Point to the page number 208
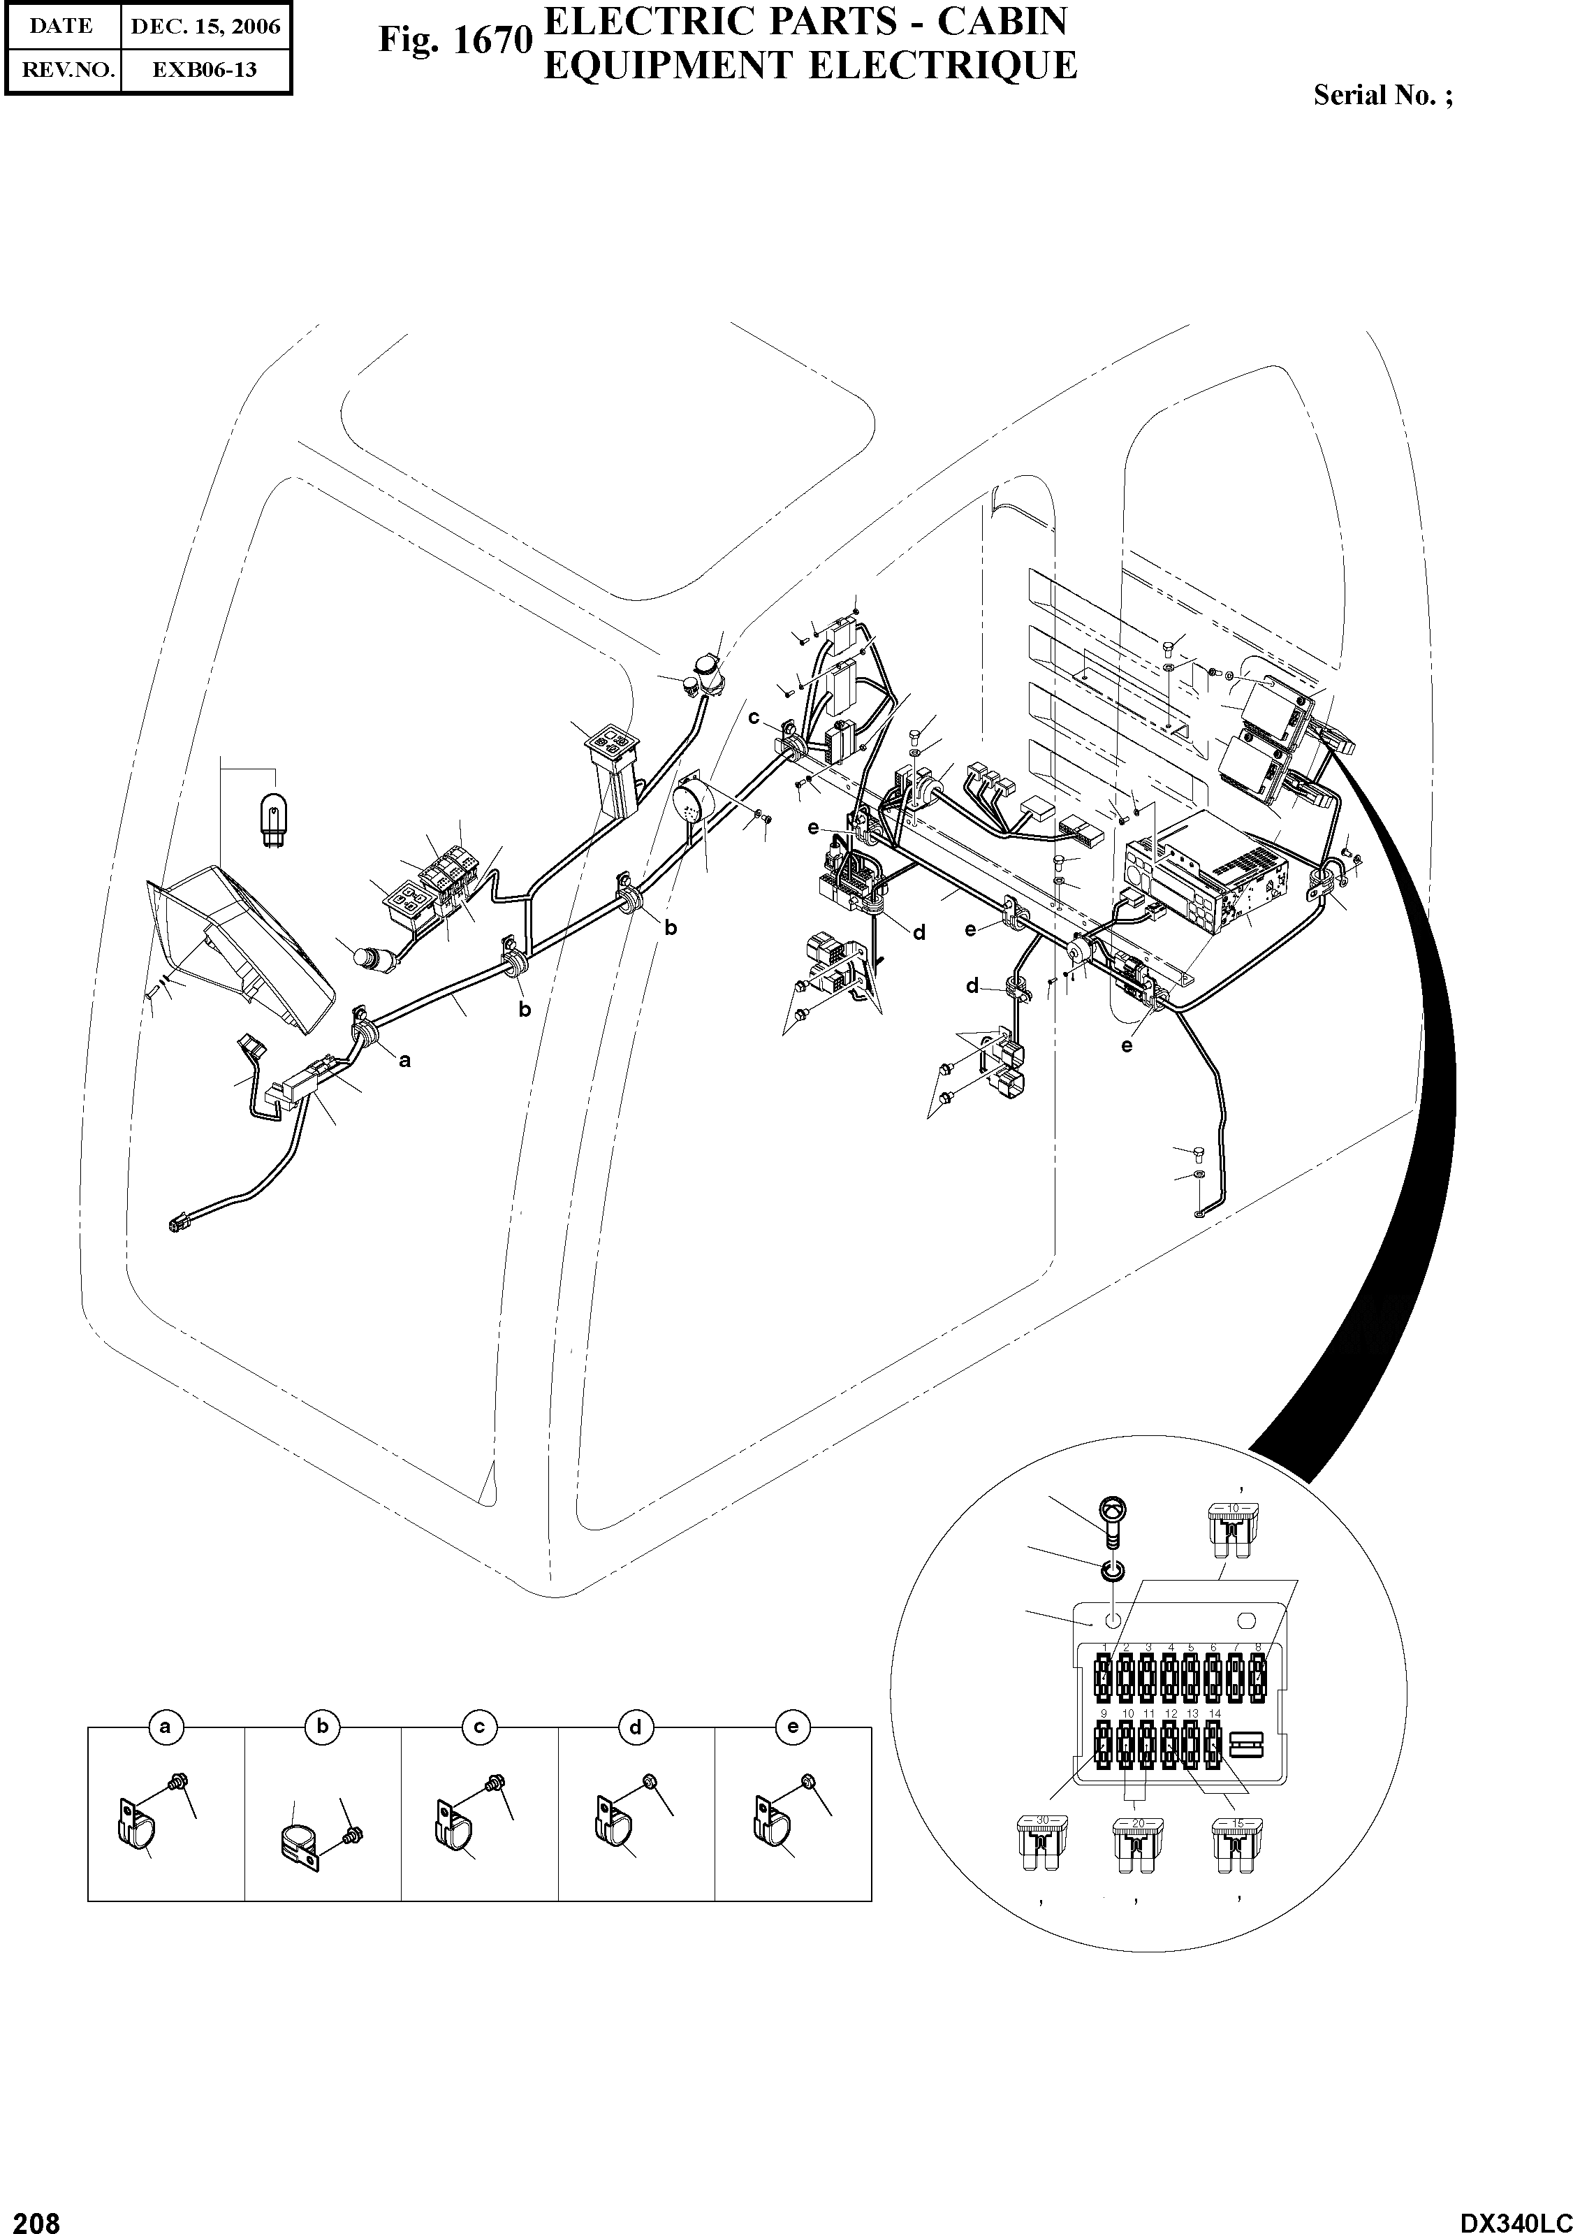pos(31,2217)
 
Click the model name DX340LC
pos(1514,2217)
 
